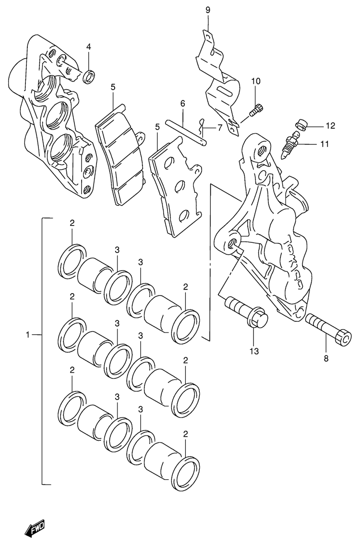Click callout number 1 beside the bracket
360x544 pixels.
[28, 334]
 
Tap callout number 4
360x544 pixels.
[88, 47]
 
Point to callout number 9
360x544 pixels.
[207, 10]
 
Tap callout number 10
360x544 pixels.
[255, 81]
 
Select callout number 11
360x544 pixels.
[324, 144]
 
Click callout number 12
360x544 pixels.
[331, 126]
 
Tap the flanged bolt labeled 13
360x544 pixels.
[246, 311]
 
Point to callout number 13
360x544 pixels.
[254, 352]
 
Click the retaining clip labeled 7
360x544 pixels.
[201, 127]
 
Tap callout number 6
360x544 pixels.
[182, 104]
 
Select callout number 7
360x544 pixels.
[220, 128]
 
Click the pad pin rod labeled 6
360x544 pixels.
[186, 132]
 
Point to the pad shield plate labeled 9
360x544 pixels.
[217, 85]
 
